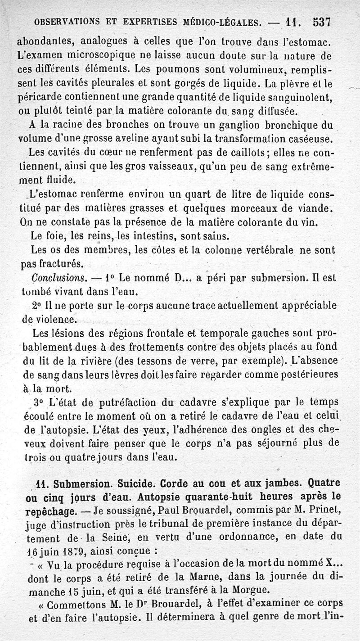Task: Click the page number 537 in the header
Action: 322,22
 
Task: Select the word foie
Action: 58,235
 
